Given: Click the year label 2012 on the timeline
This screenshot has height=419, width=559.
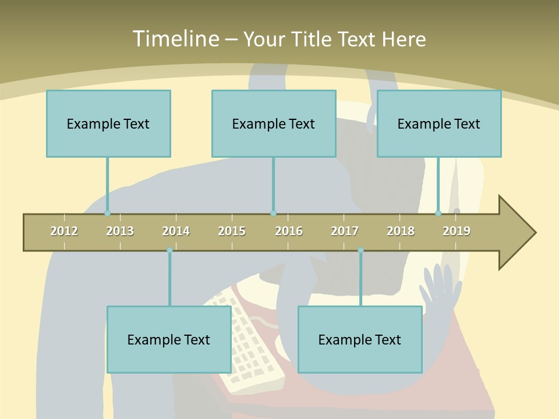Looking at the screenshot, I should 64,231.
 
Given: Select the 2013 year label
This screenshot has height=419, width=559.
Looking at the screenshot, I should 120,231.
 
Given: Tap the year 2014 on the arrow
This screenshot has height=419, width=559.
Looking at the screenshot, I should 176,231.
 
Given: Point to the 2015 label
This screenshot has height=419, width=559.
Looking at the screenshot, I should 232,231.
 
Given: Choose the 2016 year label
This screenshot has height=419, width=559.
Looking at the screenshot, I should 289,231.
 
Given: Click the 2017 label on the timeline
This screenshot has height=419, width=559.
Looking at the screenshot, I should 345,231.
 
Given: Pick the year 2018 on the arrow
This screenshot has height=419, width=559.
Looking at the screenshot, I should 401,231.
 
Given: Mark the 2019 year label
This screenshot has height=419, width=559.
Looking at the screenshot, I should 457,231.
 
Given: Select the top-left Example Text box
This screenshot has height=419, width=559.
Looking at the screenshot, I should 108,123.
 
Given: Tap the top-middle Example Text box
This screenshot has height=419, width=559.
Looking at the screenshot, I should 274,123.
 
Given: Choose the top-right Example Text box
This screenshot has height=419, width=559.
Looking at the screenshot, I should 439,123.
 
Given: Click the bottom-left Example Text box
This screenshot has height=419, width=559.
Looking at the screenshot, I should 169,339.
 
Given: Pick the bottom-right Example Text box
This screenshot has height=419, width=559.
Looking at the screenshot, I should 360,339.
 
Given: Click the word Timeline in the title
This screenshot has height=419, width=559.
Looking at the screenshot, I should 175,39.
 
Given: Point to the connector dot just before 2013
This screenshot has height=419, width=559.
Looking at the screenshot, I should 107,214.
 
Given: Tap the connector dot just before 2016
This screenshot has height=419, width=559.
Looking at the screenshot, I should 273,214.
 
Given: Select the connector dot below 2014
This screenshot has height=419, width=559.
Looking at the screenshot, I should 169,250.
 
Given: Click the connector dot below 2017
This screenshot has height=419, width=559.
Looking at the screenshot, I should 360,250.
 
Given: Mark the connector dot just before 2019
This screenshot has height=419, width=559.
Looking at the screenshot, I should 438,214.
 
